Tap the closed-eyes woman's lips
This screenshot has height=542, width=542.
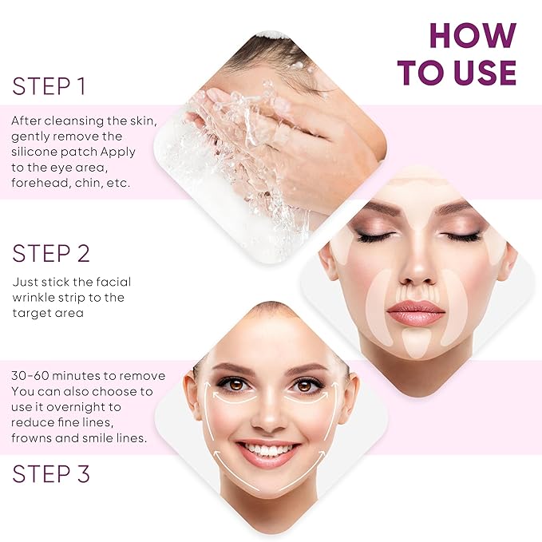point(415,313)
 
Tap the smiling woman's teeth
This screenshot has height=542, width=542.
point(268,451)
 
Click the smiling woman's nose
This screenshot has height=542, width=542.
point(268,415)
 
